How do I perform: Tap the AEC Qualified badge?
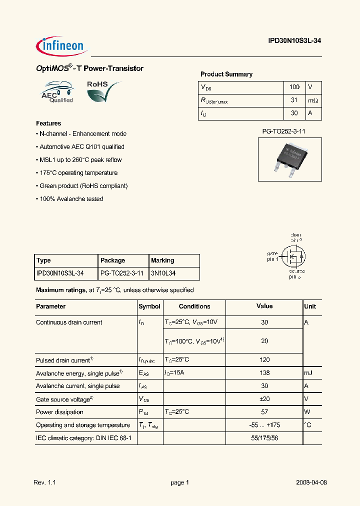(x=57, y=92)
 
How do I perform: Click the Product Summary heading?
(x=226, y=74)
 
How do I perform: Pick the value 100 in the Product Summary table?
(x=294, y=87)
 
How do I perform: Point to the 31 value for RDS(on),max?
(x=294, y=100)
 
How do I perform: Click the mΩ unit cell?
(x=313, y=100)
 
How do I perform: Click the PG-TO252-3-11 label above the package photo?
(x=284, y=131)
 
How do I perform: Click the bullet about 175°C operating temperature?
(x=78, y=173)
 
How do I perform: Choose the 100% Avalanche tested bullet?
(x=70, y=199)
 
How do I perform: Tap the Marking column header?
(x=162, y=260)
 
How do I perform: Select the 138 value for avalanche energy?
(x=264, y=372)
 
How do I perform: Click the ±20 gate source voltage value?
(x=264, y=399)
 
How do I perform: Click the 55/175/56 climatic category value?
(x=264, y=438)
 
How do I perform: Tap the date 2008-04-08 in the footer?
(x=311, y=482)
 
